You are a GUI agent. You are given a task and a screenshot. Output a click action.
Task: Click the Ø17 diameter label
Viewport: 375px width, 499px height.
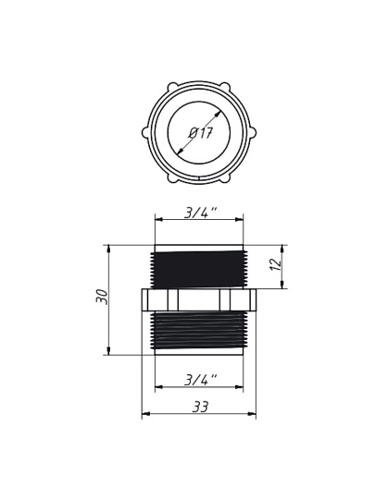pyautogui.click(x=200, y=133)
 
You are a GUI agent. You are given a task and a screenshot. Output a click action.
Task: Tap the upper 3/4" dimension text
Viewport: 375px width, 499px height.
pyautogui.click(x=201, y=213)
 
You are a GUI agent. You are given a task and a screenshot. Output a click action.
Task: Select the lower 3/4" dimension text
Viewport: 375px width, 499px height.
pyautogui.click(x=201, y=380)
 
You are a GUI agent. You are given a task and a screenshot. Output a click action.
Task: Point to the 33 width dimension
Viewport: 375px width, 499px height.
pyautogui.click(x=200, y=407)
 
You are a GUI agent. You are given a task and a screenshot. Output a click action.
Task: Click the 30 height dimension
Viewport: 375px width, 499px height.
pyautogui.click(x=103, y=297)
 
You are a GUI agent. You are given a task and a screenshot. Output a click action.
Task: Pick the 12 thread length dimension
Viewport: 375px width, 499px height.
pyautogui.click(x=276, y=263)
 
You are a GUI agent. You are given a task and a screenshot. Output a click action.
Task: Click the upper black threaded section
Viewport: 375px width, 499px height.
pyautogui.click(x=199, y=270)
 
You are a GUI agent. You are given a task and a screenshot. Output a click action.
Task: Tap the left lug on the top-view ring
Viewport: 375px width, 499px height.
pyautogui.click(x=145, y=133)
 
